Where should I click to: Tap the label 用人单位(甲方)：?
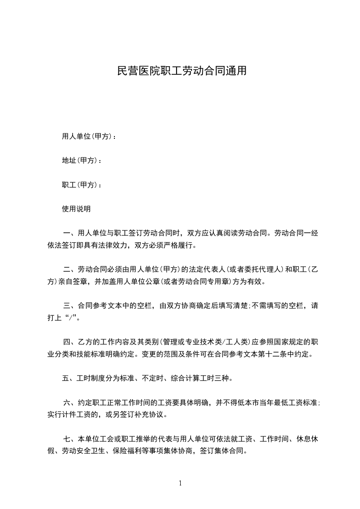click(89, 136)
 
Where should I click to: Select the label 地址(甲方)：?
click(82, 161)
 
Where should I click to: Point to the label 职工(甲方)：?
click(82, 185)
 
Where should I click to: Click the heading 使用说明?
click(76, 209)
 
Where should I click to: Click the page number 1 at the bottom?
click(180, 483)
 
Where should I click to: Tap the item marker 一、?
click(70, 234)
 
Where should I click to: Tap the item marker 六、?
click(70, 402)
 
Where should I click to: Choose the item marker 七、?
click(70, 439)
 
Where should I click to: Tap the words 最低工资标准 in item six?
click(295, 402)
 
